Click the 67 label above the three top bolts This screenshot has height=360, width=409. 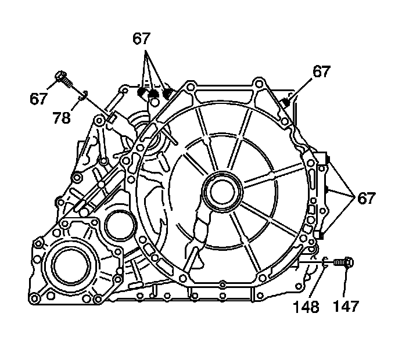tap(141, 39)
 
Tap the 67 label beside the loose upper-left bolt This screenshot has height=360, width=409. tap(39, 99)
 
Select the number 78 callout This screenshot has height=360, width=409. tap(62, 118)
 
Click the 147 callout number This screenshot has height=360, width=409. tap(347, 306)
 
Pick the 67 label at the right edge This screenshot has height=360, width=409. tap(366, 198)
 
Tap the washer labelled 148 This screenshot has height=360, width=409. tap(325, 262)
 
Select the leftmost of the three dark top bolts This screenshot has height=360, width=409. tap(142, 92)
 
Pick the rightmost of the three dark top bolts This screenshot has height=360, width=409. tap(167, 93)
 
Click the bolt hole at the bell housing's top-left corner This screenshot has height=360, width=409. tap(190, 88)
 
